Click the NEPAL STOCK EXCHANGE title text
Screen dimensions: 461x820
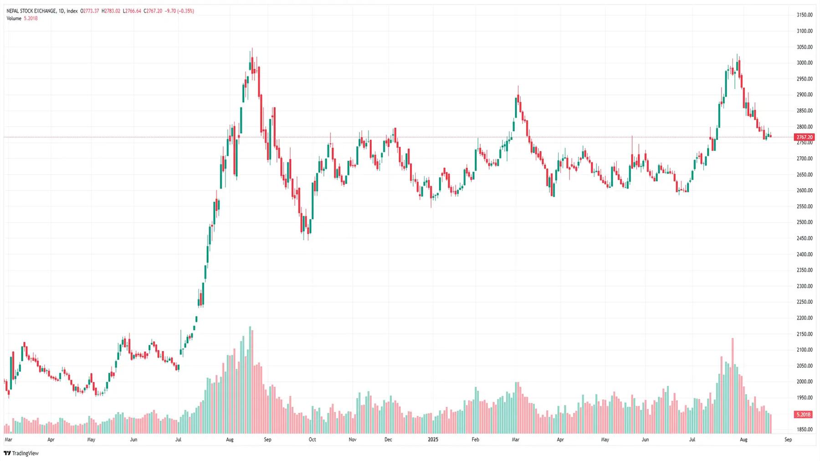click(31, 11)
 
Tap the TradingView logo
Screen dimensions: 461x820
click(21, 453)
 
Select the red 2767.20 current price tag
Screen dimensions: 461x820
click(804, 137)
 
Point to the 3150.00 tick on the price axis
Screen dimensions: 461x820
click(805, 15)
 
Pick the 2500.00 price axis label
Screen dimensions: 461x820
click(805, 222)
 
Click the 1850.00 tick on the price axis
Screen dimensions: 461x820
click(805, 430)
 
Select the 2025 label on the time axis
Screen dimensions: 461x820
click(433, 440)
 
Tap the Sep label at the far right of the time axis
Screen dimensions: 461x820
click(788, 440)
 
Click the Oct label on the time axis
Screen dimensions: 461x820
click(312, 440)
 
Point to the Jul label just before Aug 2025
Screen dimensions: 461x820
click(692, 440)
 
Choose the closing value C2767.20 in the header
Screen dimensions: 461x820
click(153, 11)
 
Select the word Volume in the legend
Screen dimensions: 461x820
click(14, 18)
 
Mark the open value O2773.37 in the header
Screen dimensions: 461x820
click(90, 11)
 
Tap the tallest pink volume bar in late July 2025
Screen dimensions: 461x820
click(733, 385)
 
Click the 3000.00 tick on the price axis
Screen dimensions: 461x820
click(805, 63)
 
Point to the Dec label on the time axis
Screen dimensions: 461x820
click(388, 440)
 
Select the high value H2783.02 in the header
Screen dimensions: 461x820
click(111, 11)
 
